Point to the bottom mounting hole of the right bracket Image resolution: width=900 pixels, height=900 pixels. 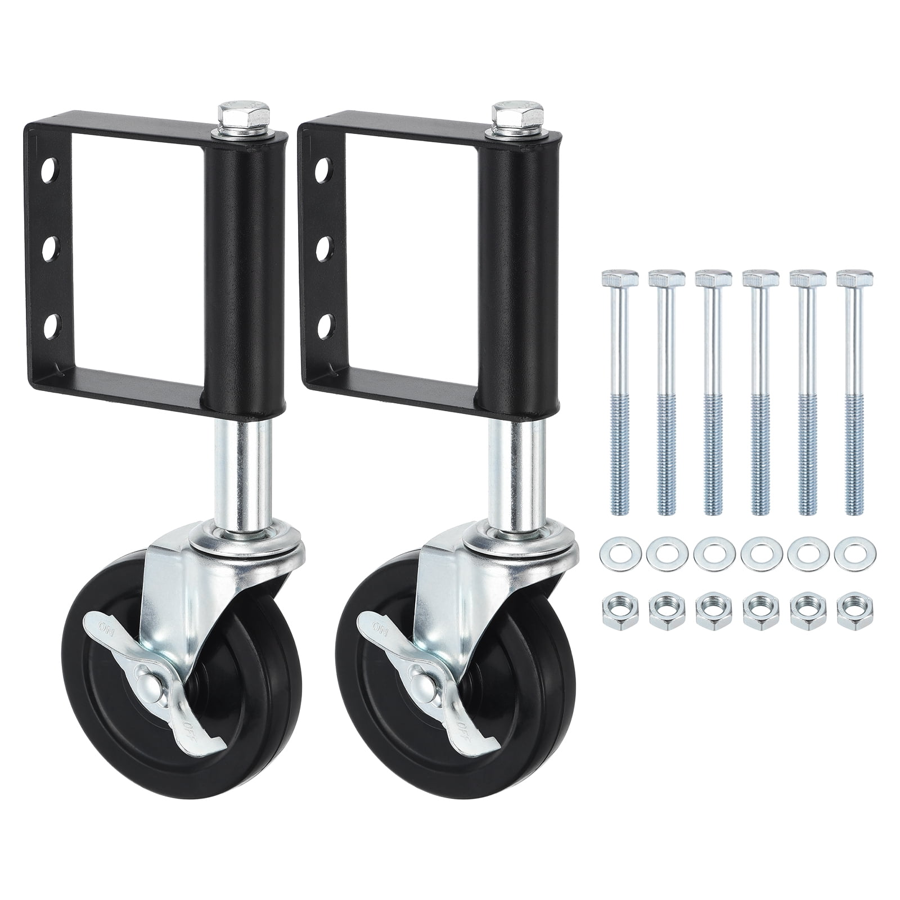tap(324, 325)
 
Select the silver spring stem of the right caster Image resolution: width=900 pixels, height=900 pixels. tap(504, 472)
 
